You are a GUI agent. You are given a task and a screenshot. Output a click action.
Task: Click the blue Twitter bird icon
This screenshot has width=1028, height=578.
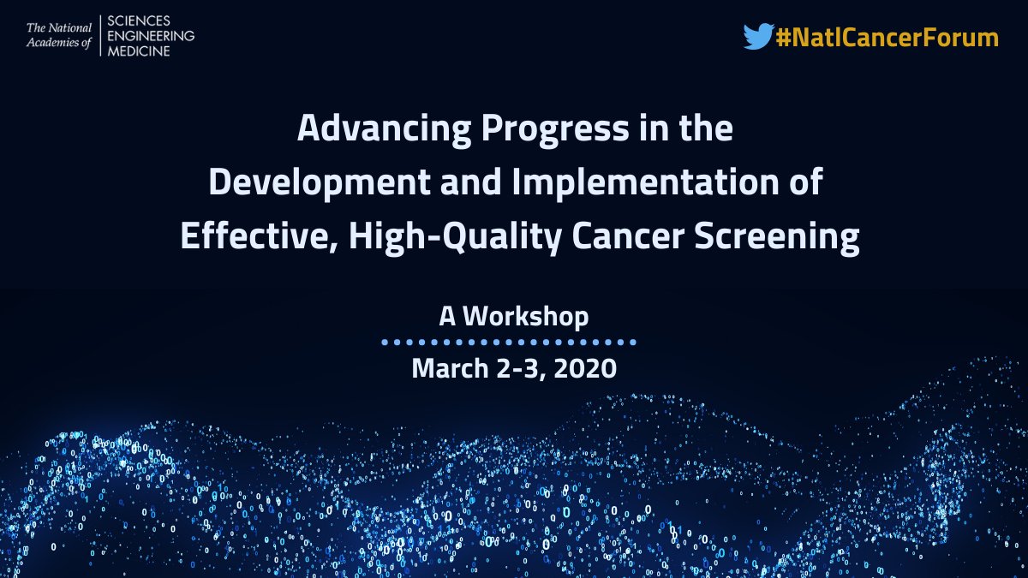[x=759, y=36]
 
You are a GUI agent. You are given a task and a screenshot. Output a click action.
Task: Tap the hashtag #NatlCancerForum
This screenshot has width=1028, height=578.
[x=888, y=37]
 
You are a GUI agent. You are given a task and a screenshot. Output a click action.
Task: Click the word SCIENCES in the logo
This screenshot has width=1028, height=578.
[x=139, y=21]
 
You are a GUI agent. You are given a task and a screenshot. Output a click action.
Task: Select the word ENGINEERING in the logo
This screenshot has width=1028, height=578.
[x=151, y=36]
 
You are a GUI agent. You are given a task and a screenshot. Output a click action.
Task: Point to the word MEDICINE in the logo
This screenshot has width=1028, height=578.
[x=139, y=51]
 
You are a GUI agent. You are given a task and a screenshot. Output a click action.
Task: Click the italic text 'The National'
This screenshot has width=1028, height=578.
[x=59, y=28]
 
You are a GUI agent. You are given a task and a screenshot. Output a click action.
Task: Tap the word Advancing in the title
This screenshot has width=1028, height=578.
[x=384, y=128]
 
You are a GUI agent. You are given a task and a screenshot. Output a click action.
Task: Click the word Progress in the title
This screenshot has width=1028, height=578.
[x=555, y=130]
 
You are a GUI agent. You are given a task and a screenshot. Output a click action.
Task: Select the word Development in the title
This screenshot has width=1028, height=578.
[x=320, y=183]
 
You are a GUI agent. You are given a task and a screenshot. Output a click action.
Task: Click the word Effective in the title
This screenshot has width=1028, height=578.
[x=260, y=236]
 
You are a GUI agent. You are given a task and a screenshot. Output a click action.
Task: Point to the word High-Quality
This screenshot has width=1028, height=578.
[x=455, y=238]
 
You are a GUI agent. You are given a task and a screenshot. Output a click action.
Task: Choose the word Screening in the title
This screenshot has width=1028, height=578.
[x=777, y=238]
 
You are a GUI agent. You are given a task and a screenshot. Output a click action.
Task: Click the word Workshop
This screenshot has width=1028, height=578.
[x=525, y=317]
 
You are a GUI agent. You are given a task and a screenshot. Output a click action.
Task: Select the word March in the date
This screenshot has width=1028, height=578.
[x=451, y=368]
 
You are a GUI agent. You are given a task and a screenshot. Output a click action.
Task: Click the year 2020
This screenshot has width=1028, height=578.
[x=585, y=369]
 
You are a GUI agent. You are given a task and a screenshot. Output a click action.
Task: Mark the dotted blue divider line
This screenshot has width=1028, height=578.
[x=509, y=343]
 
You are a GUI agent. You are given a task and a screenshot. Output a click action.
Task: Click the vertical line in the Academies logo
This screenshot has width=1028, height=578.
[x=100, y=36]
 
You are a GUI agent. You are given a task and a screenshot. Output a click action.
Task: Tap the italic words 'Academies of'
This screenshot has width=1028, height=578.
[x=59, y=43]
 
